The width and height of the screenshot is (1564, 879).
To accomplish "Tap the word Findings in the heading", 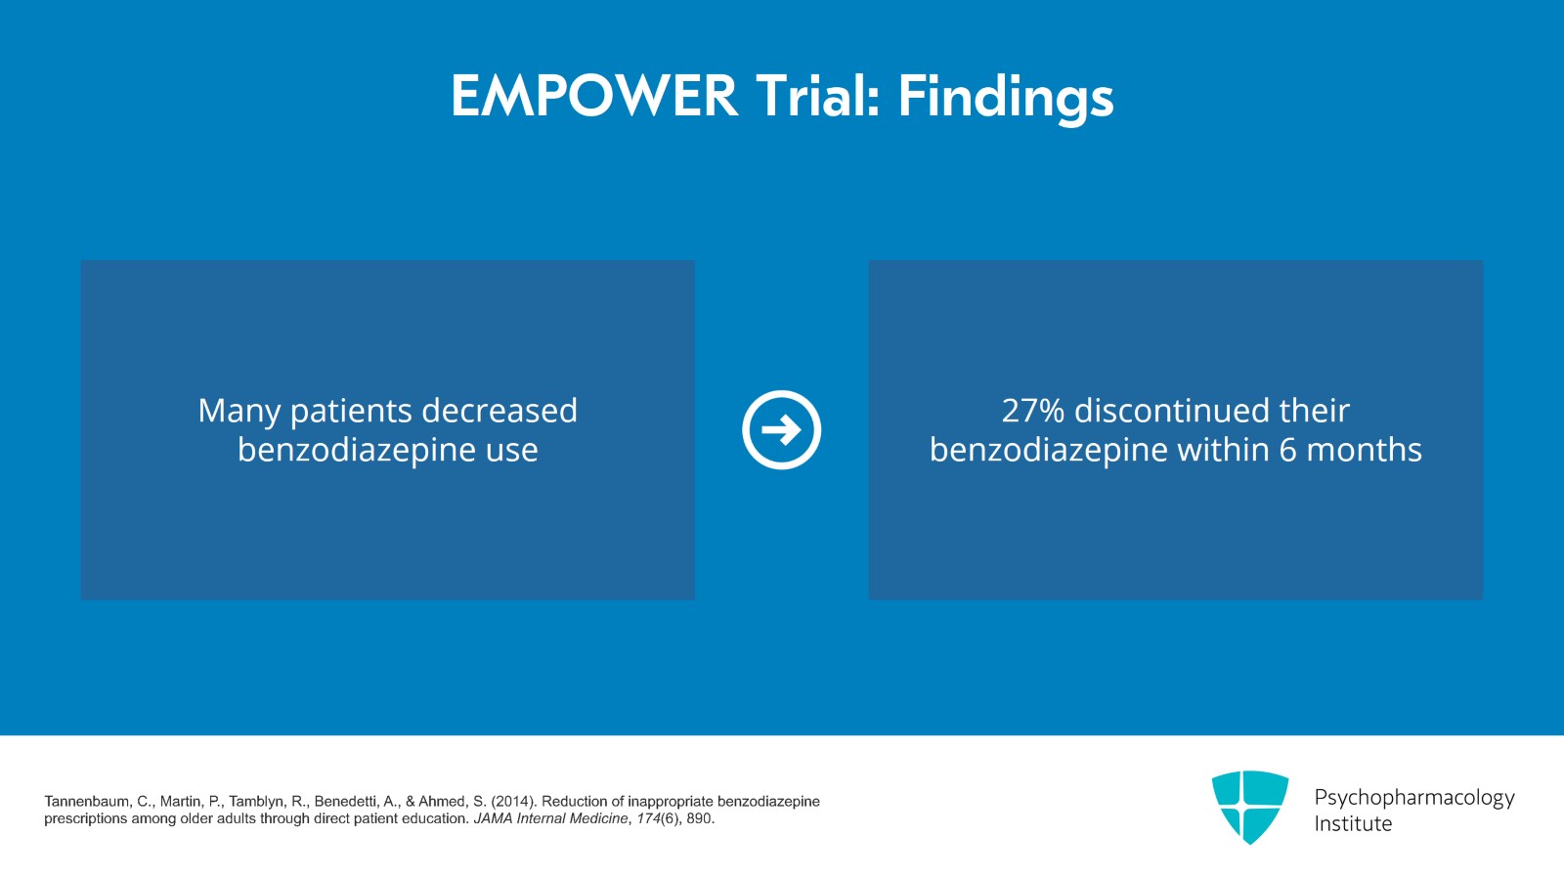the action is point(1006,99).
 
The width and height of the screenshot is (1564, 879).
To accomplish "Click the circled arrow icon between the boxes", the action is point(781,429).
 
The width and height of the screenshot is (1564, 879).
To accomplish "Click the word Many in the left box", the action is point(239,412).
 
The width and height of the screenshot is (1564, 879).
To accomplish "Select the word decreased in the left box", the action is point(500,411).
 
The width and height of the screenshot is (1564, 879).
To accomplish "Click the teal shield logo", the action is point(1250,807).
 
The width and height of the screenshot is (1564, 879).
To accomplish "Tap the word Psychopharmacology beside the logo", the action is point(1414,799).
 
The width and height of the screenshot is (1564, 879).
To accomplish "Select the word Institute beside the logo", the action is point(1353,824).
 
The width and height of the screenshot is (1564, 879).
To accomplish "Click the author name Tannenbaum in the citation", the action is point(87,802).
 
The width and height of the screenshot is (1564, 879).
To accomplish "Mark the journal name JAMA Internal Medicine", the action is point(551,818).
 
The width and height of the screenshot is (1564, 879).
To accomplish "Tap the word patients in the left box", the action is point(351,412).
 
